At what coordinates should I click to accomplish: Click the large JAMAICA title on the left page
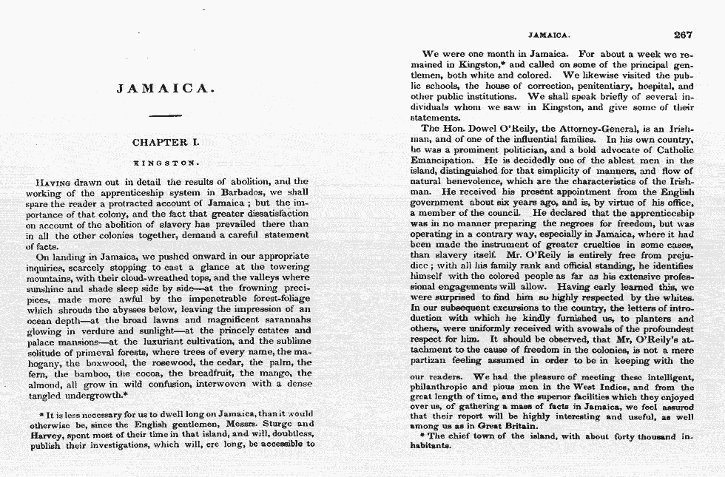click(x=166, y=89)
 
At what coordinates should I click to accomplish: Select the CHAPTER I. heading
click(x=166, y=142)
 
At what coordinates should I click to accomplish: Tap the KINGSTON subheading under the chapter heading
click(x=166, y=161)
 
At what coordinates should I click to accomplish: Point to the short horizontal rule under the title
click(x=166, y=115)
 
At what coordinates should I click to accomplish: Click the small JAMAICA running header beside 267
click(x=548, y=35)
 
